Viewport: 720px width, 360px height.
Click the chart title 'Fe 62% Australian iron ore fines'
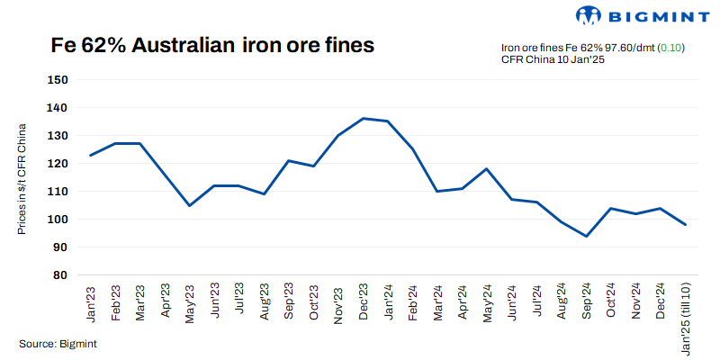[212, 46]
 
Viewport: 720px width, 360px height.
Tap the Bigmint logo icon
[587, 15]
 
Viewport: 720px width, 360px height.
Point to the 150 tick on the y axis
[58, 80]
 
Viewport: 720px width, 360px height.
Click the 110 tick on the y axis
[58, 192]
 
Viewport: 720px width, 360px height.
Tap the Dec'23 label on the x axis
[363, 301]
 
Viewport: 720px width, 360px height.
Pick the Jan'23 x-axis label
[91, 301]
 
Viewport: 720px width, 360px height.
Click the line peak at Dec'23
[363, 118]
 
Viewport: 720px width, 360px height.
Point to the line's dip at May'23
[189, 206]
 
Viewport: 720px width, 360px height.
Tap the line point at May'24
[487, 168]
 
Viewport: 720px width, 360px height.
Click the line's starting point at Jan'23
[90, 156]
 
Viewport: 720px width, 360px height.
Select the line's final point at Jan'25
[685, 225]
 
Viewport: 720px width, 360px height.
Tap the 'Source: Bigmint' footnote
[58, 344]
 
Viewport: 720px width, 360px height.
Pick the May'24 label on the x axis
[487, 301]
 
